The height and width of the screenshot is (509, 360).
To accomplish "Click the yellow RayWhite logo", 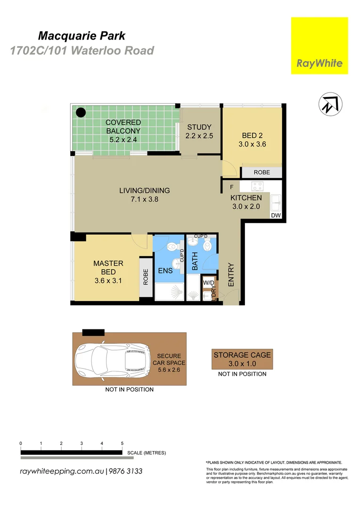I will pos(319,46).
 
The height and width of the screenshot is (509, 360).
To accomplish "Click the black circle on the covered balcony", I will pos(81,113).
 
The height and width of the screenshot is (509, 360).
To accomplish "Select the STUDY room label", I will pos(199,127).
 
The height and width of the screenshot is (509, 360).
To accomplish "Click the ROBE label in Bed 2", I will pos(262,172).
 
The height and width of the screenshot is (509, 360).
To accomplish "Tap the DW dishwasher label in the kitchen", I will pos(276,215).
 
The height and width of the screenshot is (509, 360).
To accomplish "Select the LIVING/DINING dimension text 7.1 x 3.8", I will pos(144,199).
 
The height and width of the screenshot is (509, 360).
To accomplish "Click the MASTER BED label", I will pos(108,268).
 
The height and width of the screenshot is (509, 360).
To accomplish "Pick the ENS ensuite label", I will pos(165,271).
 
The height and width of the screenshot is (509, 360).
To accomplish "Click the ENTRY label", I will pos(231,274).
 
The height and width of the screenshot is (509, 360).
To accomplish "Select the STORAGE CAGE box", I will pos(242,360).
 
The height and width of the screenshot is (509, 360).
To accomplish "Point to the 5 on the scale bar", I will pos(122,443).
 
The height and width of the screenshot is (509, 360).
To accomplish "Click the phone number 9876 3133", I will pos(126,471).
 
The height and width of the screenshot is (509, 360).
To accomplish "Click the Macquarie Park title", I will pos(81,35).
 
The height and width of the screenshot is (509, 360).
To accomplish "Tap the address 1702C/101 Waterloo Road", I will pos(82,50).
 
